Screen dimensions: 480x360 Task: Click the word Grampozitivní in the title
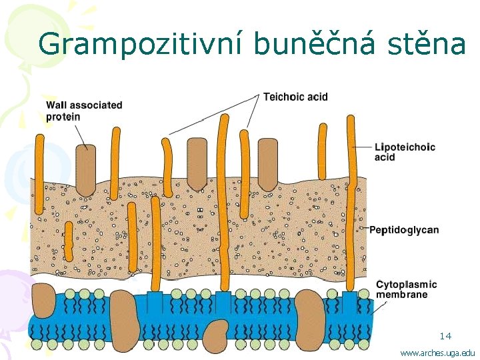coord(141,44)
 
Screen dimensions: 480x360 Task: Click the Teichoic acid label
coord(295,97)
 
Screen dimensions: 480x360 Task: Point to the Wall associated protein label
coord(84,111)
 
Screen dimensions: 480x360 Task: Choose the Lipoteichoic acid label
coord(405,152)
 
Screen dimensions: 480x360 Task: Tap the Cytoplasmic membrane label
coord(407,289)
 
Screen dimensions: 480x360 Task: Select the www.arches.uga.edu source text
coord(437,352)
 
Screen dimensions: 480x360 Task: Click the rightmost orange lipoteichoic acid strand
coord(351,200)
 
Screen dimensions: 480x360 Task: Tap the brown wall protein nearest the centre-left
coord(197,163)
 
